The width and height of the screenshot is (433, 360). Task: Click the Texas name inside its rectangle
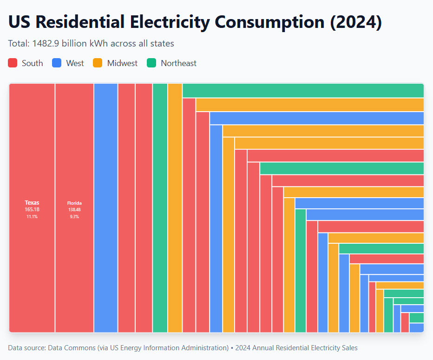pos(32,202)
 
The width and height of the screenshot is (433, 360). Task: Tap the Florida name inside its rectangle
pos(74,203)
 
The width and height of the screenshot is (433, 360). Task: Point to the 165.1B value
pos(32,210)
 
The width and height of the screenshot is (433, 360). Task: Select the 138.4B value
pos(74,210)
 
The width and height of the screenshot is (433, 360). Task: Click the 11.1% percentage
pos(32,217)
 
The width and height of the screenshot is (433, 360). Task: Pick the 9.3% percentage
pos(74,217)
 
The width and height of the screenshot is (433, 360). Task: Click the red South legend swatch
pos(13,63)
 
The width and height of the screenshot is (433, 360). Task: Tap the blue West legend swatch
pos(57,63)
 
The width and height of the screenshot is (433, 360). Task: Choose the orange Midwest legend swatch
pos(98,63)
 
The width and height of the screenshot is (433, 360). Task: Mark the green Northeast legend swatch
pos(151,63)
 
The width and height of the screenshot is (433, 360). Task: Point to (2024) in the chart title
pos(356,22)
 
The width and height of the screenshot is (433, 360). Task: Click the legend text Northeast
pos(178,63)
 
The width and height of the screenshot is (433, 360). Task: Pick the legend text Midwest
pos(122,63)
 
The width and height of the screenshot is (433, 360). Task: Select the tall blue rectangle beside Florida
pos(105,207)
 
